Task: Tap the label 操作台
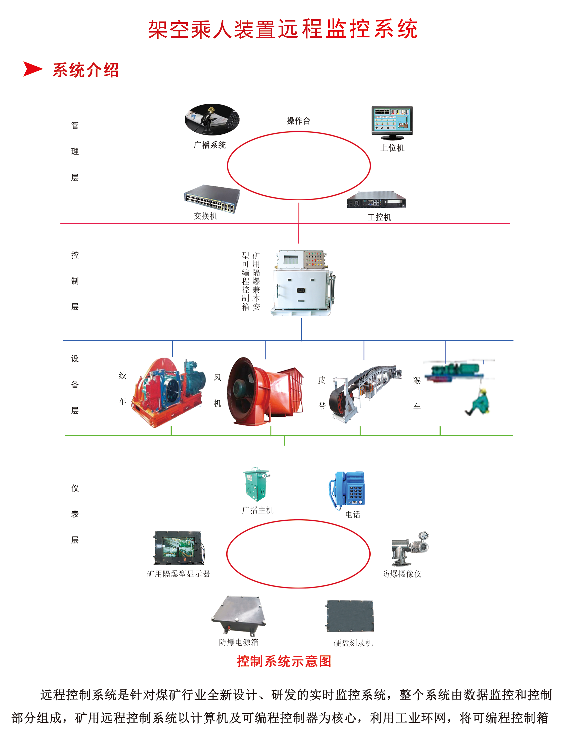(298, 121)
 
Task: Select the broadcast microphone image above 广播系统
(212, 120)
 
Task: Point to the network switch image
(212, 198)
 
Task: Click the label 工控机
(379, 217)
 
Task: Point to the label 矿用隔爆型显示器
(178, 574)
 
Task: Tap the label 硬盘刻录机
(353, 643)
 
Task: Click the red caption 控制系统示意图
(284, 661)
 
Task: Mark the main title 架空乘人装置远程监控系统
(283, 29)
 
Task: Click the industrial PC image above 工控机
(376, 200)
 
